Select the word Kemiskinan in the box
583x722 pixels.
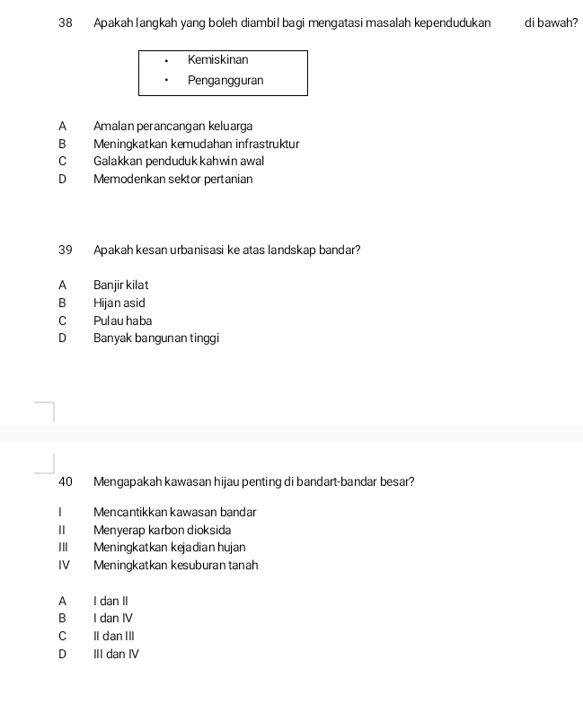click(218, 60)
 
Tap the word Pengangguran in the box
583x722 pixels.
click(225, 81)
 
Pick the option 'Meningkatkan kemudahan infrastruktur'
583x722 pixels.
click(196, 144)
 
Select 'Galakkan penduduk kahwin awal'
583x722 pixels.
click(179, 162)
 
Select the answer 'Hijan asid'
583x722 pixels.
click(119, 304)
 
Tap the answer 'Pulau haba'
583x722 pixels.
click(122, 321)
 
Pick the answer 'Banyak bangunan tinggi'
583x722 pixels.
click(156, 339)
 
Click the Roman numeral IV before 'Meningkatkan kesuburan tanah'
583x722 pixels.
click(64, 566)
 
